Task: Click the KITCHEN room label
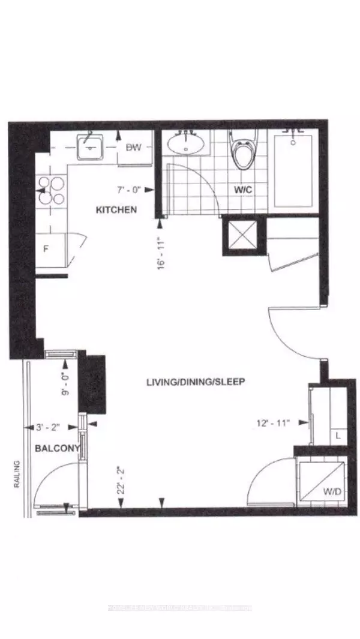coord(116,209)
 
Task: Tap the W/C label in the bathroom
coord(243,190)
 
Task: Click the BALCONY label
coord(51,448)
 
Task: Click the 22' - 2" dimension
coord(121,480)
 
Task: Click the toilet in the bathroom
coord(244,153)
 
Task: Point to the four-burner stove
coord(52,191)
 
